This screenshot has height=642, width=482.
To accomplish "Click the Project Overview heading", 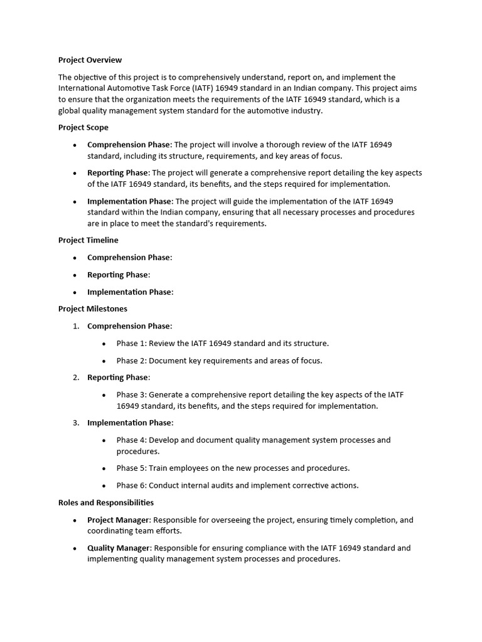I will click(90, 60).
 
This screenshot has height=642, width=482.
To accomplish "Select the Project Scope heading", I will click(83, 127).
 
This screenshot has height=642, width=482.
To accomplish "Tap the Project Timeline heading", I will click(88, 240).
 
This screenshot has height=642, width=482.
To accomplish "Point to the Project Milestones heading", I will click(92, 308).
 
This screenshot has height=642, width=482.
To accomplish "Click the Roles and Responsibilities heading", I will click(105, 502).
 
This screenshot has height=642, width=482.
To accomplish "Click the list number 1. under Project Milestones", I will click(75, 326).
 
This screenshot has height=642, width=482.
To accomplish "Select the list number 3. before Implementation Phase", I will click(75, 423).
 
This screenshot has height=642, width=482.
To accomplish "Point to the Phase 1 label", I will click(131, 343).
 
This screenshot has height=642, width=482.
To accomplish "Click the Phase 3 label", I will click(131, 394).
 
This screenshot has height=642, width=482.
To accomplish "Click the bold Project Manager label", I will click(118, 520).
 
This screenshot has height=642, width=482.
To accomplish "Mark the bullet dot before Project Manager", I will click(75, 520).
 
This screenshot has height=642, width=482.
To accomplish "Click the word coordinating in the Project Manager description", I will click(109, 530).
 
